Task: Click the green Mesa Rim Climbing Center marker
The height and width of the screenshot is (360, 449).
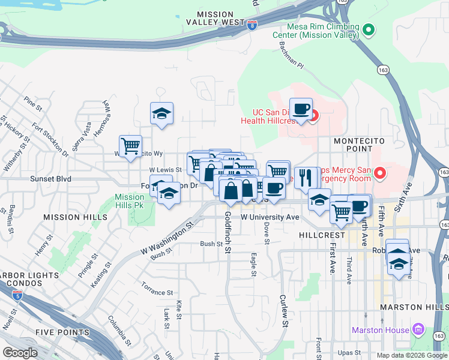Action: coord(370,29)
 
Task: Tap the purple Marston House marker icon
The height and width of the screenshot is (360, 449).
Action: coord(419,330)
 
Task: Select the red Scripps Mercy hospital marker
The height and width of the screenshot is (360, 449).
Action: coord(379,174)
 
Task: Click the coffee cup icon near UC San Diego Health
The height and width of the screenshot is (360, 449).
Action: coord(301,110)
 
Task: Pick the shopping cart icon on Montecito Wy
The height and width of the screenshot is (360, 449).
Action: coord(130,146)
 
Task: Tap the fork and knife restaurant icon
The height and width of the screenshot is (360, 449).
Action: coord(306,178)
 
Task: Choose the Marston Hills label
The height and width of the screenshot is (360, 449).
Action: coord(414,307)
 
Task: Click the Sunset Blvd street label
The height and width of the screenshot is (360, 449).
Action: coord(51,179)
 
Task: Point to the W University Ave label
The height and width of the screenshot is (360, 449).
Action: coord(270,217)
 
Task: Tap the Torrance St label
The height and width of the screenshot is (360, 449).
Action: coord(158,292)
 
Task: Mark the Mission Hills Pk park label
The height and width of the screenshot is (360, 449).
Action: coord(130,200)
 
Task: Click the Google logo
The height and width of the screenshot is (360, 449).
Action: coord(20,353)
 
